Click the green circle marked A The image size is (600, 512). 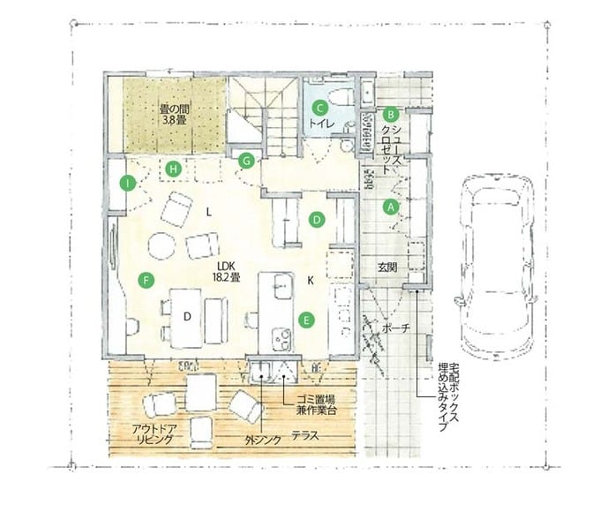point(391,207)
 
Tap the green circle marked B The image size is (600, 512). point(391,114)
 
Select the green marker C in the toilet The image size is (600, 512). point(319,108)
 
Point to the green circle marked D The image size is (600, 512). point(317,220)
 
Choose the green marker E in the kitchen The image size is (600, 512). point(306,320)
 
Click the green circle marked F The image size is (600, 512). point(146,281)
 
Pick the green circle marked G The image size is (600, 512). point(246,161)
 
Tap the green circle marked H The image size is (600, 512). point(173,169)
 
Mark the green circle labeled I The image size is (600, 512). point(127,184)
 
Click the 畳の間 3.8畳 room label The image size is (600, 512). point(175,115)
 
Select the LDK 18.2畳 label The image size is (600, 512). point(227,272)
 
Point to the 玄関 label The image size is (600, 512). point(387,267)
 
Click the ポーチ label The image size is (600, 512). point(396,328)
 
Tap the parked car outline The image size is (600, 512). point(497,263)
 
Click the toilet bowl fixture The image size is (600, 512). point(341,96)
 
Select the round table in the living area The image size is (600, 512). point(161,246)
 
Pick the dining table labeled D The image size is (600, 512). point(187,318)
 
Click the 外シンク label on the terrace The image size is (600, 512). point(263,440)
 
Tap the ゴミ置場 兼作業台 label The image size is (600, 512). point(316,405)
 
